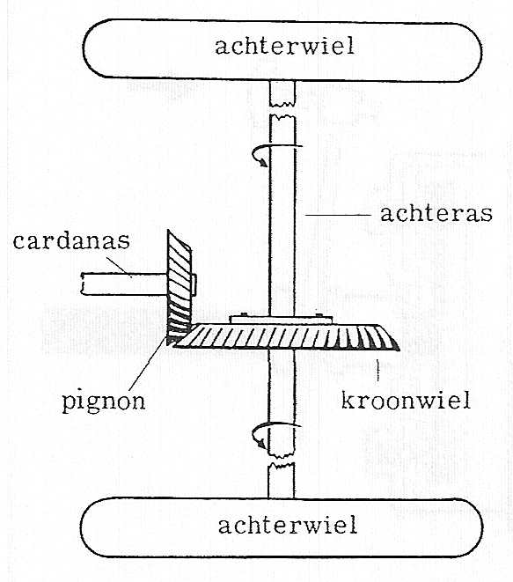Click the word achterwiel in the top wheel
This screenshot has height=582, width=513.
[284, 46]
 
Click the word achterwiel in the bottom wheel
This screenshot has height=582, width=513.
[288, 526]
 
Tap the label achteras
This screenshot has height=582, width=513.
[436, 213]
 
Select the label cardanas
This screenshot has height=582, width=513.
[71, 240]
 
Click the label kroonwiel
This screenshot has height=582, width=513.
[406, 400]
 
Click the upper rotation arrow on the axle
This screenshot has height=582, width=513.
[276, 153]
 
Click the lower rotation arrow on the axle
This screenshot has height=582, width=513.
[275, 433]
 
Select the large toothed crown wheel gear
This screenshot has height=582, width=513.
[286, 337]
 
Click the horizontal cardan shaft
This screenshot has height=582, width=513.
[124, 284]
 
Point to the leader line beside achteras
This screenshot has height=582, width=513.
[338, 215]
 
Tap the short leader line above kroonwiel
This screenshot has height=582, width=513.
[378, 370]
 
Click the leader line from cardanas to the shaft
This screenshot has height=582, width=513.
[119, 267]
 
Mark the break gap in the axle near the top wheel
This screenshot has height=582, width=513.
[282, 110]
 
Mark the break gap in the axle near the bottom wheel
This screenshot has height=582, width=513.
[282, 459]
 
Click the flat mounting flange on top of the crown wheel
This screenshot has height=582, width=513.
[281, 320]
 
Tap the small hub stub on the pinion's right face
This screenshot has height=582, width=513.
[194, 285]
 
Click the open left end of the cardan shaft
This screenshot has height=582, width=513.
[83, 284]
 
